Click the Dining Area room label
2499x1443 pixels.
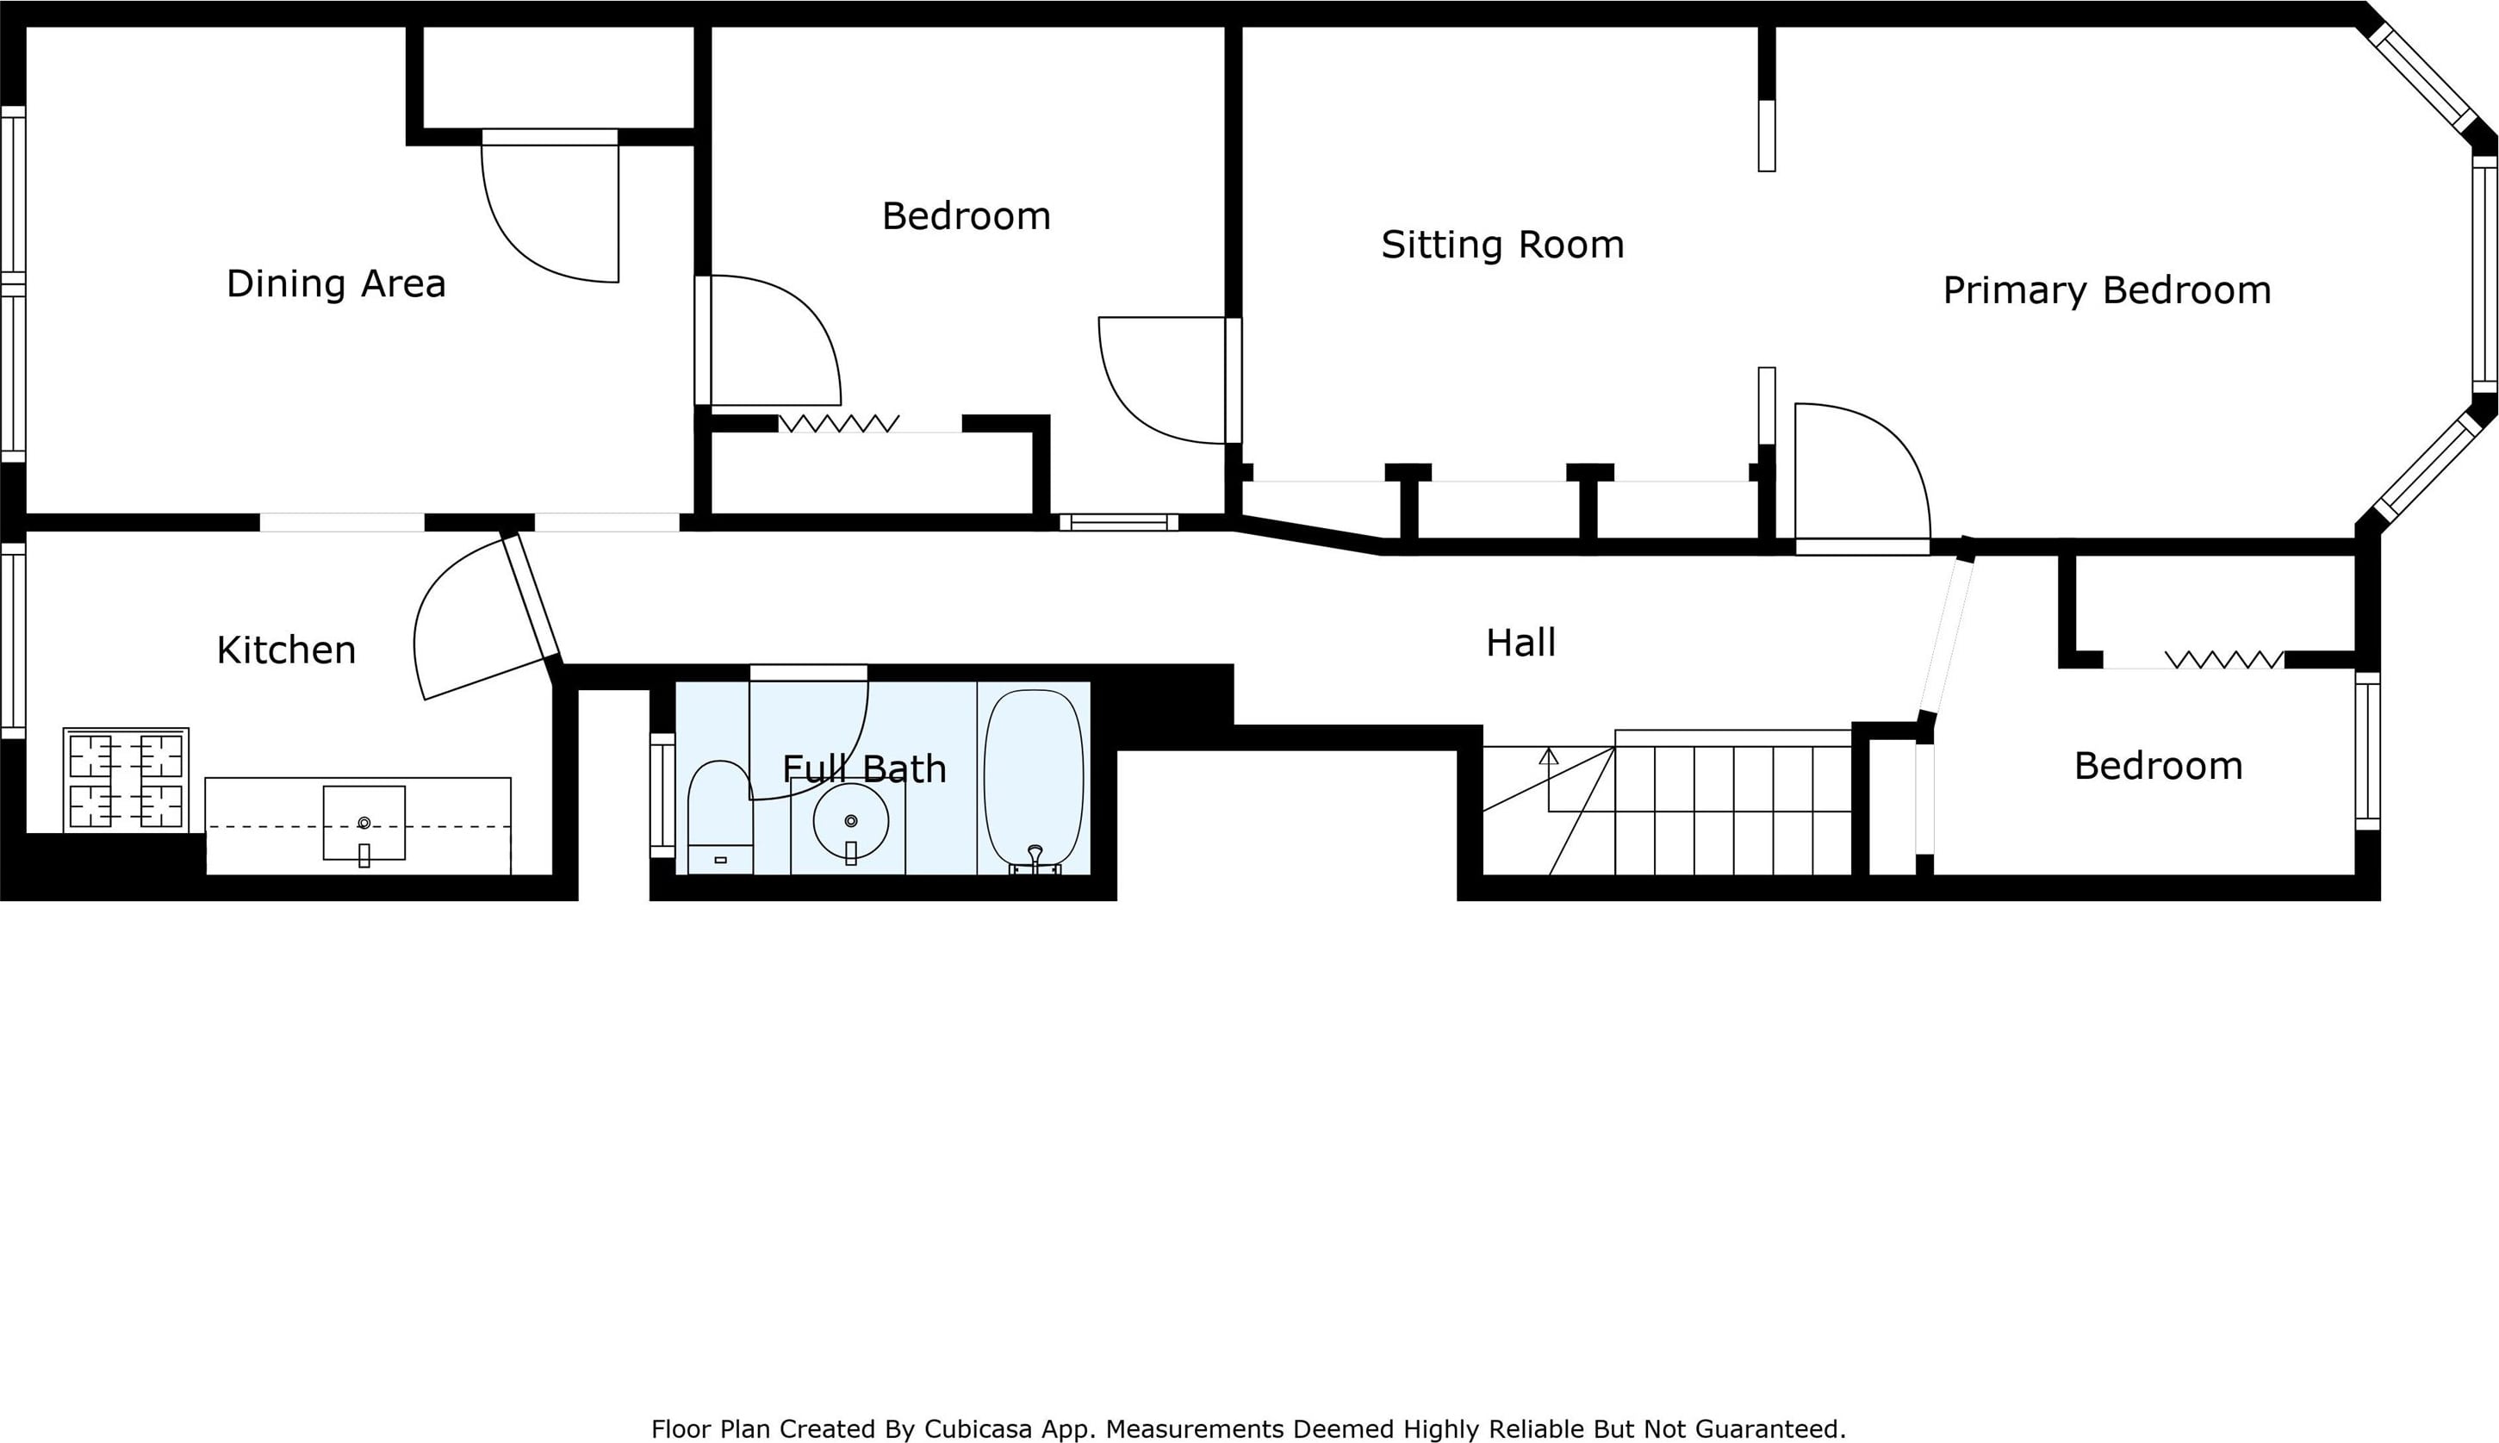click(336, 284)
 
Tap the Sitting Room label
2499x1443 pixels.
click(1502, 245)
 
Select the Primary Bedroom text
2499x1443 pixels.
click(2106, 290)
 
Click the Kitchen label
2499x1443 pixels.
click(285, 650)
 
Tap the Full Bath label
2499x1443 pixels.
click(864, 769)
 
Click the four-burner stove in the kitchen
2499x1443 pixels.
click(126, 780)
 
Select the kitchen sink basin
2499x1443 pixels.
click(364, 824)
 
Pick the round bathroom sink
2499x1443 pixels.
click(851, 822)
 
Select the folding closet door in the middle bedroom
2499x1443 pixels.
click(839, 423)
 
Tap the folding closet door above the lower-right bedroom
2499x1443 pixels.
click(2224, 659)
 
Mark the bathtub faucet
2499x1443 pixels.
click(1035, 858)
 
